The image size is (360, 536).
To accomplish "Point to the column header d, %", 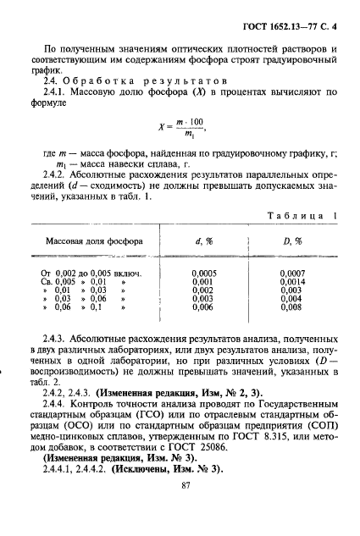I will [x=203, y=241].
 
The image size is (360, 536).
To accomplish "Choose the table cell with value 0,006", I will [x=204, y=307].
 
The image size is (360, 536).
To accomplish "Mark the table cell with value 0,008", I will [x=290, y=307].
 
